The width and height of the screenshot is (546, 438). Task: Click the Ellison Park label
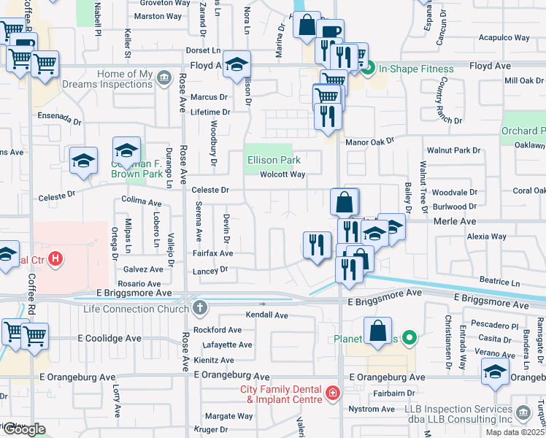click(274, 159)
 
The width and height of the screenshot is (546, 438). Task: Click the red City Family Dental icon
click(333, 394)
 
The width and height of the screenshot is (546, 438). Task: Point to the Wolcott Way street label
click(282, 174)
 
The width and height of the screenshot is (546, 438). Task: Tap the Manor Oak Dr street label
click(369, 141)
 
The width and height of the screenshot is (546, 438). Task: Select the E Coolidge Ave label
click(109, 339)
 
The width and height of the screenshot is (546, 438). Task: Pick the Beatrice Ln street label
click(499, 281)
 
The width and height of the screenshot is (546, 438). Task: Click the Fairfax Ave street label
click(212, 253)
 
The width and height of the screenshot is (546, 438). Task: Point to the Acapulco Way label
click(503, 37)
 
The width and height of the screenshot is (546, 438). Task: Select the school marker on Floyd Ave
click(237, 65)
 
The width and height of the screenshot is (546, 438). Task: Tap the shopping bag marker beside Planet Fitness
click(378, 331)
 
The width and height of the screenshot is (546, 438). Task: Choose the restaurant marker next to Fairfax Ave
click(317, 245)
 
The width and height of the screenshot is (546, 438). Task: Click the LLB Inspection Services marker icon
click(524, 414)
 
